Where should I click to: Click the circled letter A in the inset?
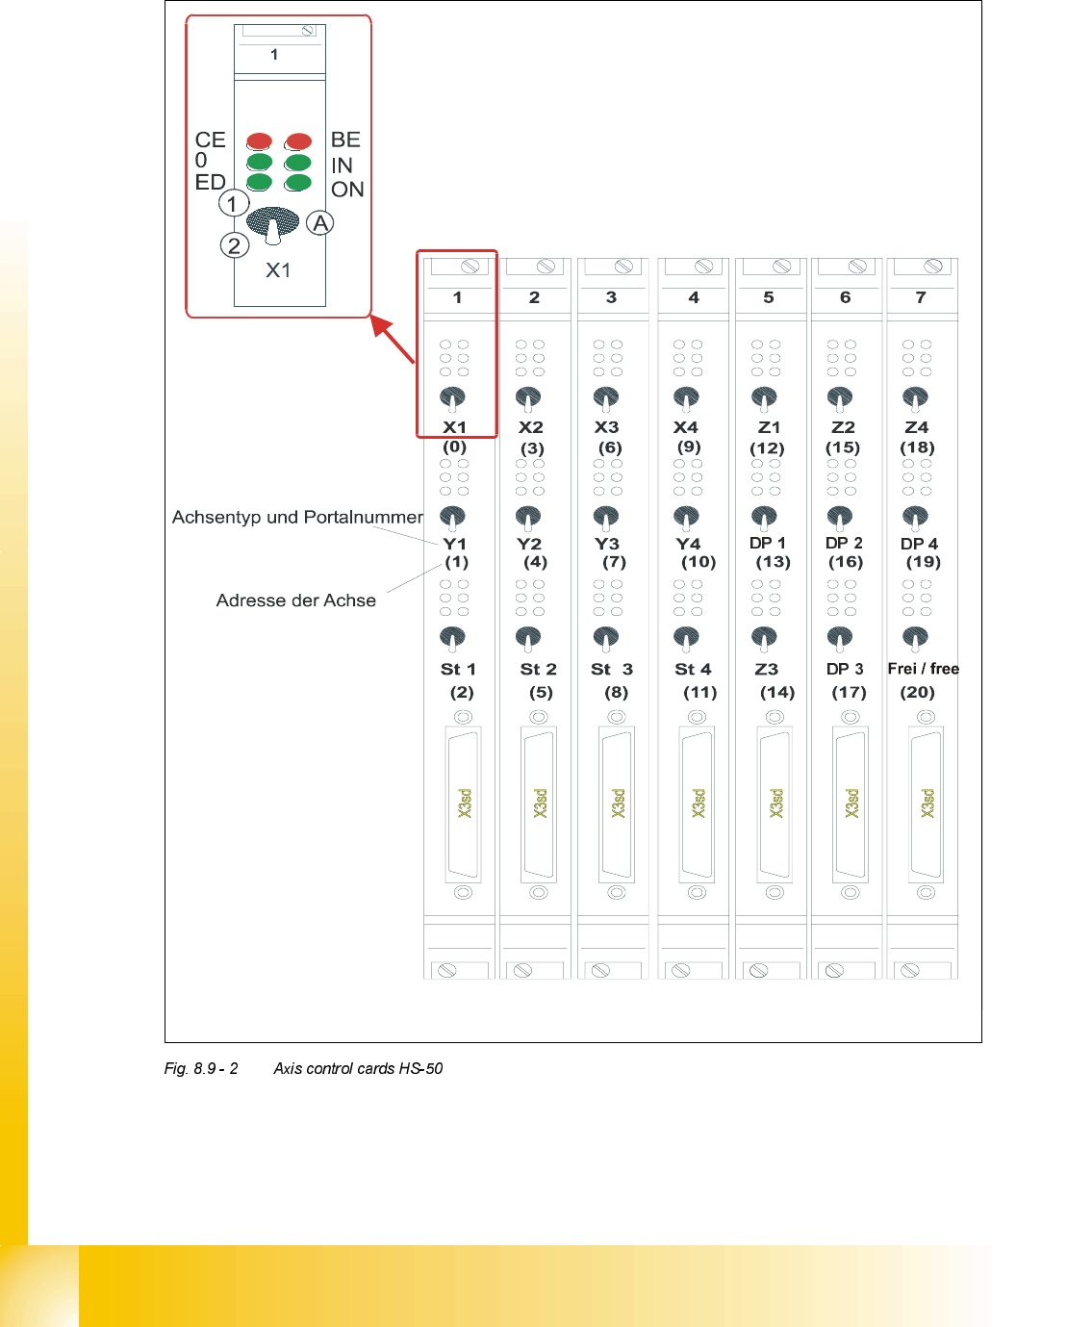tap(320, 223)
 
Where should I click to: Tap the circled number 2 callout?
tap(234, 245)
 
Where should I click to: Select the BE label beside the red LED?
tap(345, 140)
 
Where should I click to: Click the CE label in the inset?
tap(210, 140)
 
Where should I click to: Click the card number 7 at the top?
tap(921, 297)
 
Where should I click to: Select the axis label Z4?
tap(917, 427)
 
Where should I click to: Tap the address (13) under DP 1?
tap(773, 562)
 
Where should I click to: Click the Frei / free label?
tap(923, 669)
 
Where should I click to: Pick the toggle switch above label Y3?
tap(606, 518)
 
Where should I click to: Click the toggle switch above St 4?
tap(686, 638)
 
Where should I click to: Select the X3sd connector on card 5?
tap(775, 804)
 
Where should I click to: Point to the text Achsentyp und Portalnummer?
tap(297, 517)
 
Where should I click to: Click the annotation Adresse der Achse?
tap(295, 600)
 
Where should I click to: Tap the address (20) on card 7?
tap(917, 692)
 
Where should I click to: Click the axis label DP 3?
tap(845, 669)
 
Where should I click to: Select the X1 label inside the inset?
tap(278, 270)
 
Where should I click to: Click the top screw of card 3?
tap(622, 267)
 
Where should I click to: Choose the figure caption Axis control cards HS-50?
tap(358, 1068)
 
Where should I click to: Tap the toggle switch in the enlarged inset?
tap(272, 224)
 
